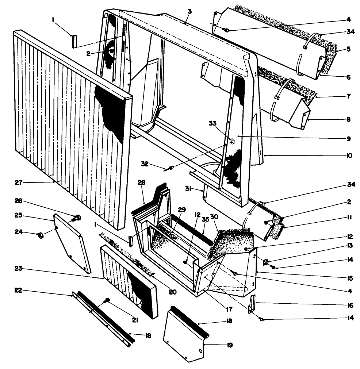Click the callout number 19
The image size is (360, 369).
point(230,345)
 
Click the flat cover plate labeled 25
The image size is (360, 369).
point(71,243)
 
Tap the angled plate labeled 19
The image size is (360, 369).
point(184,336)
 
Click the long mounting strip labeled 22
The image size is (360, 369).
point(102,318)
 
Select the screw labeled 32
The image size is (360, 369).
point(170,168)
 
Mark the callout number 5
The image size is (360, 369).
point(348,48)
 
